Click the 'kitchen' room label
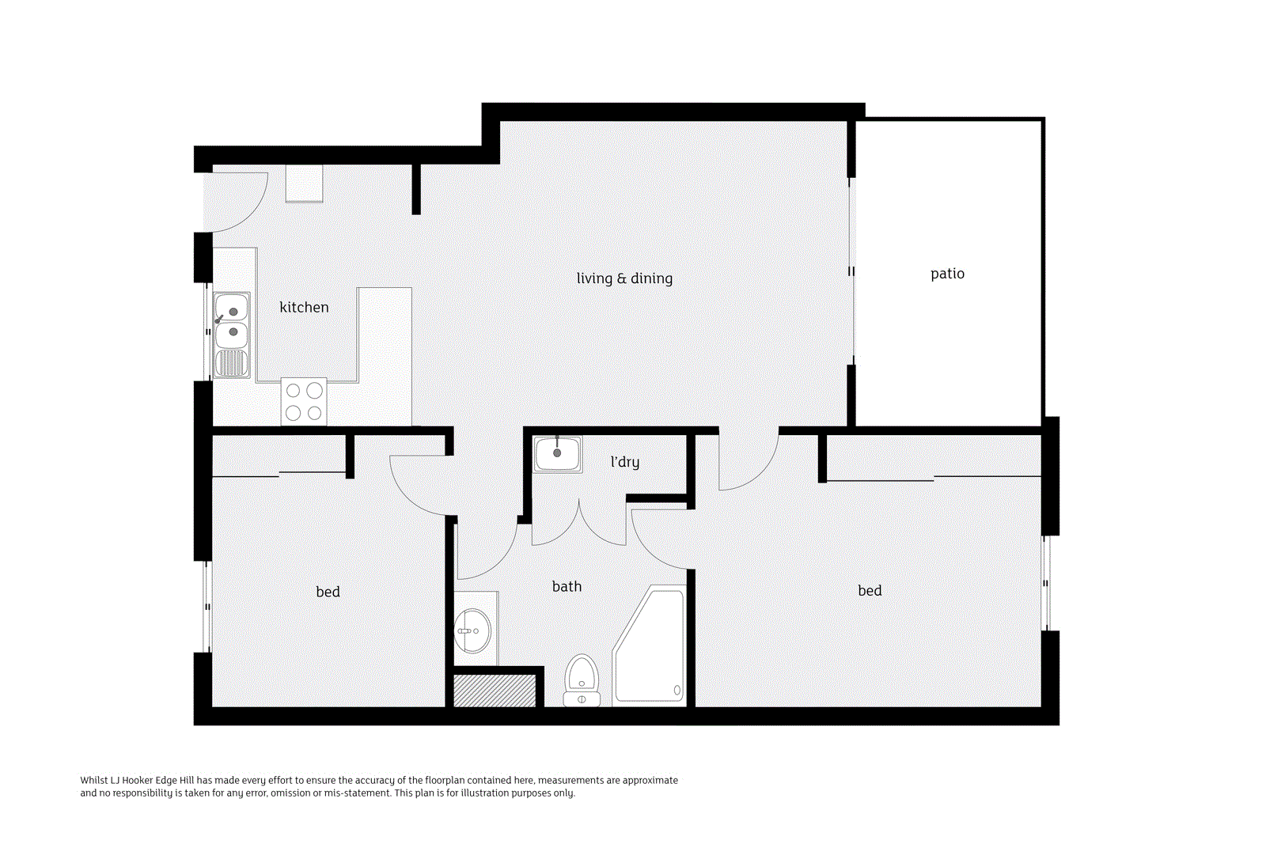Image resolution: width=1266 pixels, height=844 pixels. point(304,308)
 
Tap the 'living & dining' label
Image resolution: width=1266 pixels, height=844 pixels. point(624,278)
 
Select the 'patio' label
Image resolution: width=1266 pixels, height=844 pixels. point(947,274)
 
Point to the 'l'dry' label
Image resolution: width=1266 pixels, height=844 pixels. point(625,462)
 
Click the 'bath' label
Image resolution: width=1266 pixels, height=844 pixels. point(567,587)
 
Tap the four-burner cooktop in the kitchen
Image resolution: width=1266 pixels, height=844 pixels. point(304,401)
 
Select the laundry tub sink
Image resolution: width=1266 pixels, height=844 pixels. point(557,453)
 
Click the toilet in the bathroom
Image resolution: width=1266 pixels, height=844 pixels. point(582,680)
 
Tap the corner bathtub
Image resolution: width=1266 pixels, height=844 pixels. point(650,645)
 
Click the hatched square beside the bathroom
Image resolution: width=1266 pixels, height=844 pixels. point(495,691)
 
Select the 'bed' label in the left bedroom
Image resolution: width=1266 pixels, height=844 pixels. point(328,592)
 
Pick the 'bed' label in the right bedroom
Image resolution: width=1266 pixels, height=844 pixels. point(870,590)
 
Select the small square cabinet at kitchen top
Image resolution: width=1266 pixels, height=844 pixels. point(304,183)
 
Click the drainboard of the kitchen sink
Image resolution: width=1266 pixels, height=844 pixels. point(231,363)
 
